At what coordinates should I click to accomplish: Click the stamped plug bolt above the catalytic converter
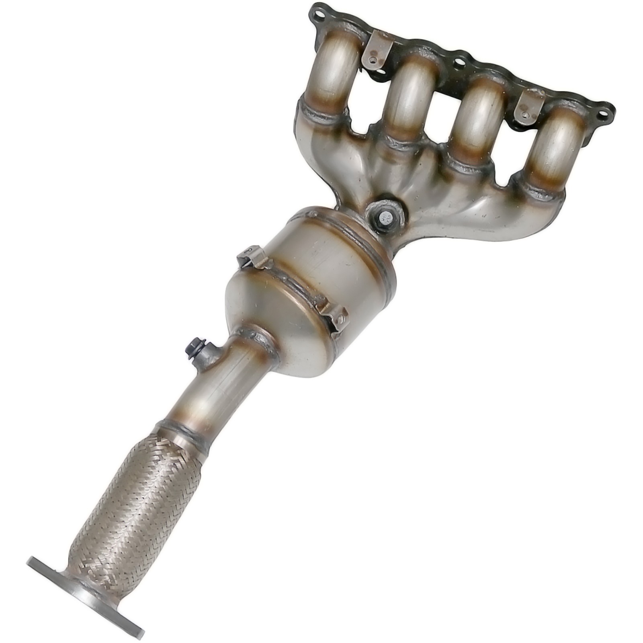pyautogui.click(x=385, y=219)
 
